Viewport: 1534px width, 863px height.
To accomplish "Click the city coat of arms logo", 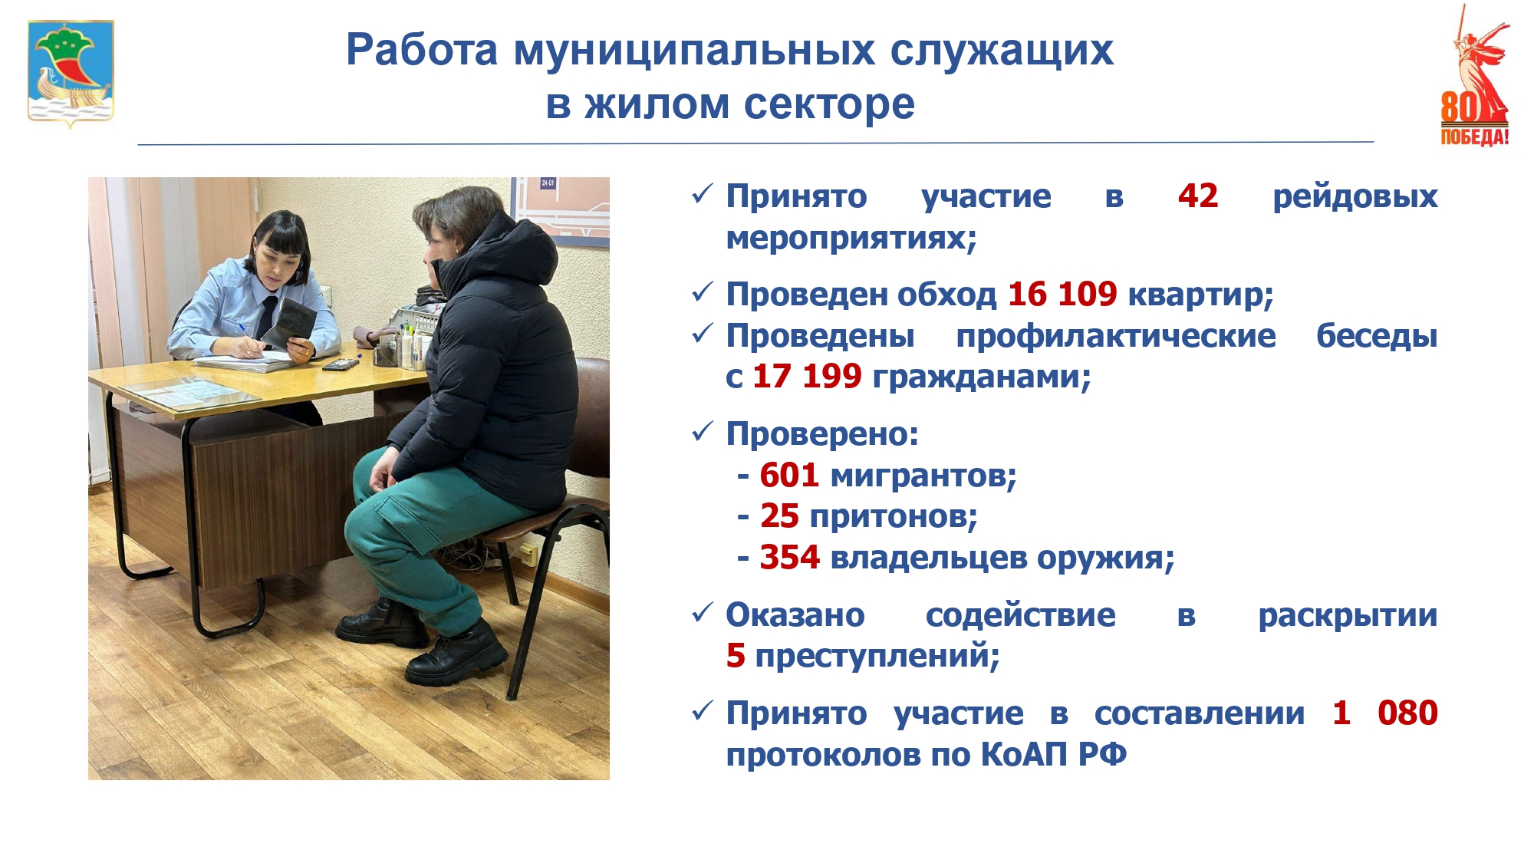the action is (71, 73).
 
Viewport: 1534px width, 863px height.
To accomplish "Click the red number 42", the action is (1198, 196).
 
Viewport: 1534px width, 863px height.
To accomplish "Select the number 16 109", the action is (1062, 294).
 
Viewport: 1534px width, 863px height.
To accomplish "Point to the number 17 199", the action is (807, 376).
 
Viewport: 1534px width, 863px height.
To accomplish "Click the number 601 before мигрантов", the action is (789, 476).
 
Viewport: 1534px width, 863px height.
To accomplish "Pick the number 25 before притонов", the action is (779, 516).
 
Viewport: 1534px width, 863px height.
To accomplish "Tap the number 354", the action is (789, 557).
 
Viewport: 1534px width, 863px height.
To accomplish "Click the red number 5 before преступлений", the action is (736, 655).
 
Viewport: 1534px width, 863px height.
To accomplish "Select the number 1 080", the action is (1384, 713).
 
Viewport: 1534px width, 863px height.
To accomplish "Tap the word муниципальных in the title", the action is (694, 50).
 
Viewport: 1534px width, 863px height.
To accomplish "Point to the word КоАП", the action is (1024, 754).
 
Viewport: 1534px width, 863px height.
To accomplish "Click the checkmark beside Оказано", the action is (703, 614).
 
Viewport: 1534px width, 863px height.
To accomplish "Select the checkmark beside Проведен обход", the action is (703, 292).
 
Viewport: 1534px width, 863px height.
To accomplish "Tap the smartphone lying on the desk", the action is (341, 365).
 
